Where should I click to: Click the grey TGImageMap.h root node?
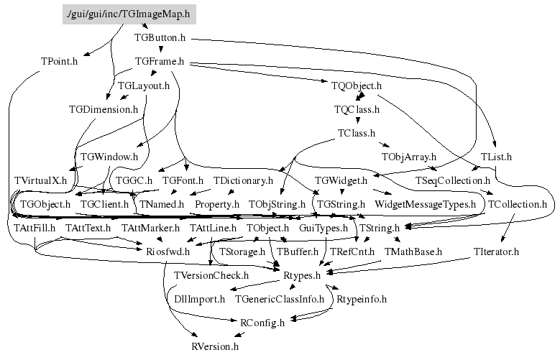(129, 13)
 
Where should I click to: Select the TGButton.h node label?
(162, 37)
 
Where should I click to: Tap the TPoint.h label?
(59, 60)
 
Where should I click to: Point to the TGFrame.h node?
(160, 62)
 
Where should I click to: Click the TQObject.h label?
(357, 86)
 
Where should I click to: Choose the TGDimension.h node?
(103, 109)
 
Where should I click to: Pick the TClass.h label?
(356, 133)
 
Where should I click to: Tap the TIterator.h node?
(496, 251)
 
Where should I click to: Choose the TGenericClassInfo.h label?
(280, 298)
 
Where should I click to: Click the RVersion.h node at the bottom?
(214, 346)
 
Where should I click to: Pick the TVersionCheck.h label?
(211, 274)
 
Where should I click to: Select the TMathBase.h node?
(413, 251)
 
